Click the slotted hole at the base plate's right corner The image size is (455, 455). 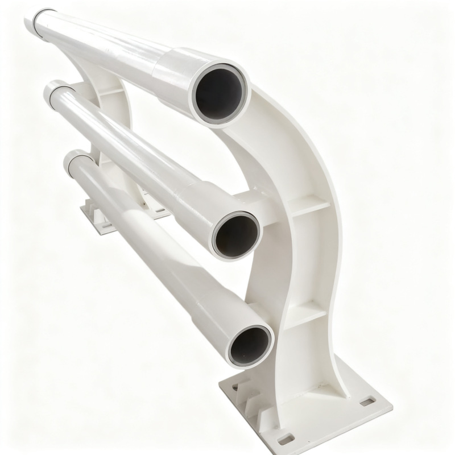(368, 402)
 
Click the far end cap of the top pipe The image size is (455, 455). (40, 23)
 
